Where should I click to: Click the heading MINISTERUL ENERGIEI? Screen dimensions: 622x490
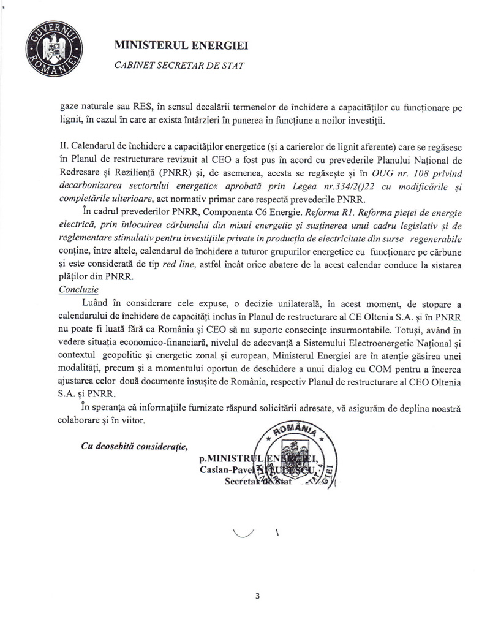181,45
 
